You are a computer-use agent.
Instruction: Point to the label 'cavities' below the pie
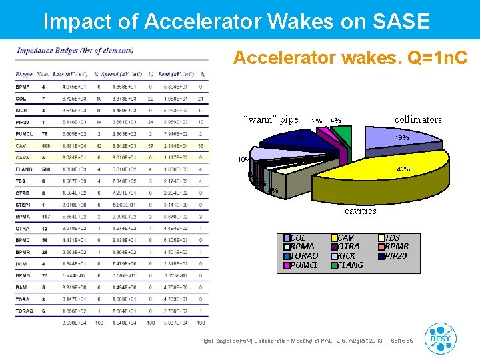pyautogui.click(x=360, y=211)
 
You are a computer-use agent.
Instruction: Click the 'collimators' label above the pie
pyautogui.click(x=417, y=119)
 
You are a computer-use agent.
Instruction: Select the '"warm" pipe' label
pyautogui.click(x=272, y=120)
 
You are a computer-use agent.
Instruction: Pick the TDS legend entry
pyautogui.click(x=393, y=237)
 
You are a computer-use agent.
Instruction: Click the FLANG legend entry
pyautogui.click(x=350, y=265)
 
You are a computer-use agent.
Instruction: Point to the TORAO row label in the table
pyautogui.click(x=25, y=311)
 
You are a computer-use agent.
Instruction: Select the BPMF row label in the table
pyautogui.click(x=23, y=86)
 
